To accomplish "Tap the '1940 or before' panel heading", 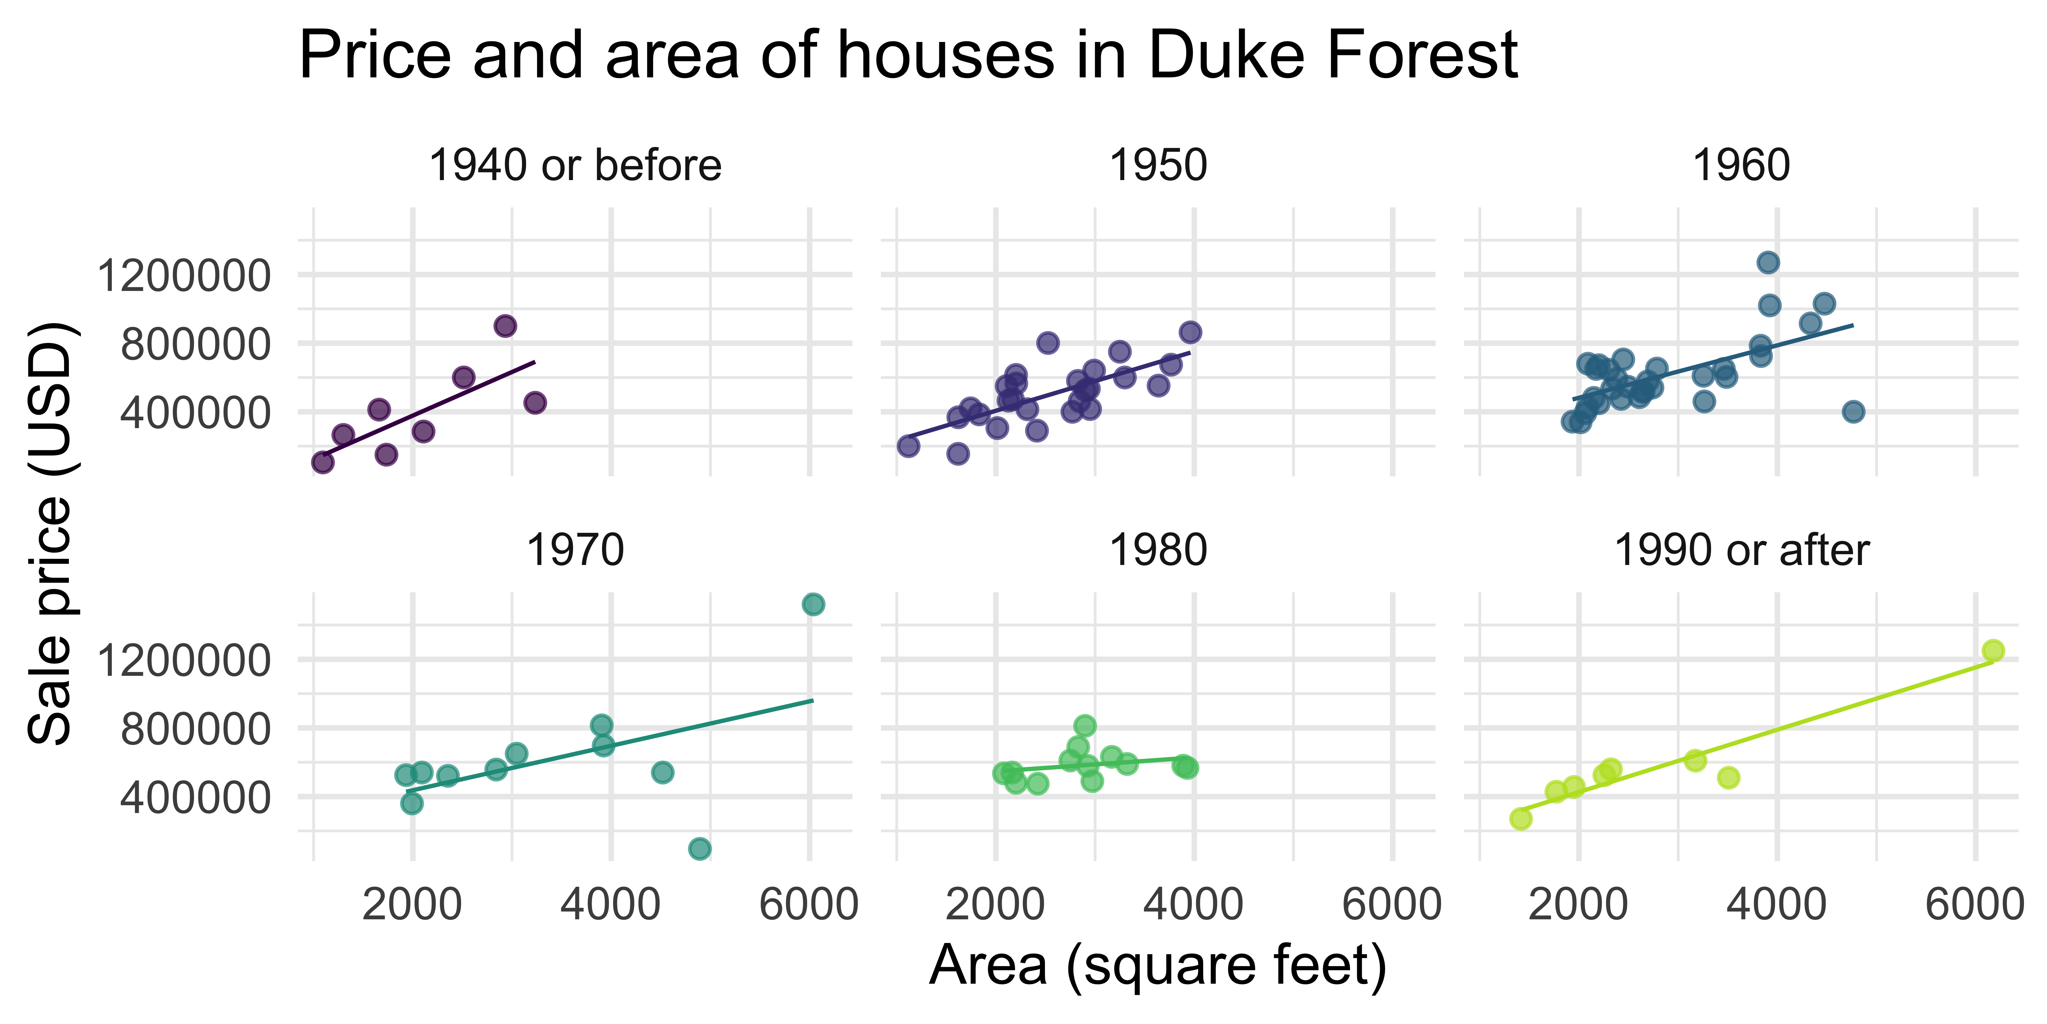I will pyautogui.click(x=574, y=166).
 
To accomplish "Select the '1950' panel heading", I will pyautogui.click(x=1158, y=166).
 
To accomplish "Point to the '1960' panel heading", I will pyautogui.click(x=1741, y=166).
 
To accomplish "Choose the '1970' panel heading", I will pyautogui.click(x=574, y=550).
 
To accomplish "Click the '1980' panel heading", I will pyautogui.click(x=1158, y=550).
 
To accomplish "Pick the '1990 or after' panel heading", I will pyautogui.click(x=1741, y=550).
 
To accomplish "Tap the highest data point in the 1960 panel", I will pyautogui.click(x=1768, y=262).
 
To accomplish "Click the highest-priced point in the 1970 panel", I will pyautogui.click(x=813, y=604).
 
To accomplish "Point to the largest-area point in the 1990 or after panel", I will pyautogui.click(x=1993, y=650).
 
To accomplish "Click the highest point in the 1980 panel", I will pyautogui.click(x=1085, y=725).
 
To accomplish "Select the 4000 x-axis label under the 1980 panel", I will pyautogui.click(x=1193, y=905).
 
